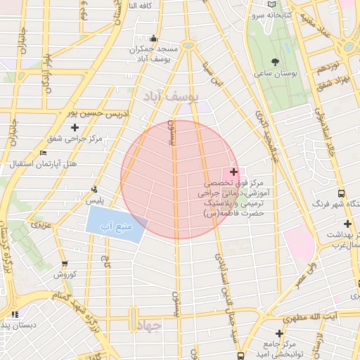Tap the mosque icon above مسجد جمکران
[154, 39]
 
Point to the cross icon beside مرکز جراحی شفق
[54, 127]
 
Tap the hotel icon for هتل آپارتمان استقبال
[44, 153]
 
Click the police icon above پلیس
[94, 188]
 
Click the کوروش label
[65, 274]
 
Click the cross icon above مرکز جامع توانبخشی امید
[280, 333]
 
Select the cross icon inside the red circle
[233, 172]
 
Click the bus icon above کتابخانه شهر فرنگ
[341, 193]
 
